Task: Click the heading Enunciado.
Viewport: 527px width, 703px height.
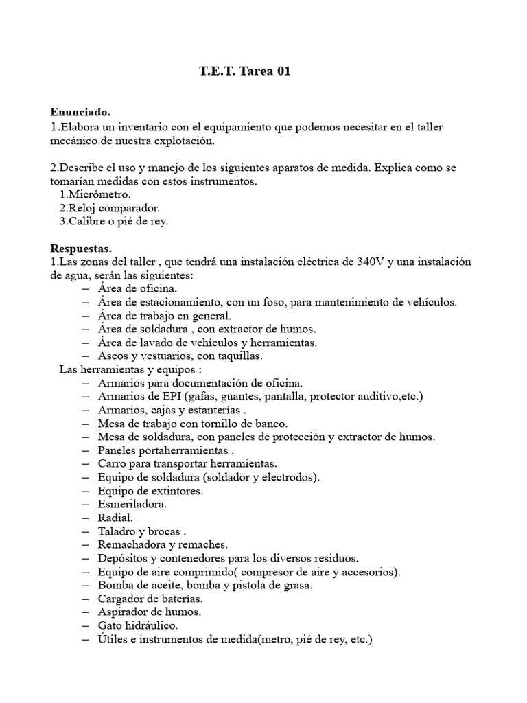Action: click(80, 112)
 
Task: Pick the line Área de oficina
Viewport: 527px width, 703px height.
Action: click(137, 288)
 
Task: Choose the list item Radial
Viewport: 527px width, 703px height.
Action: click(116, 517)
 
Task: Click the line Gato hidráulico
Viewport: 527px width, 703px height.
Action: click(138, 625)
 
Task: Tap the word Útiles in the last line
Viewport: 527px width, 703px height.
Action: click(113, 638)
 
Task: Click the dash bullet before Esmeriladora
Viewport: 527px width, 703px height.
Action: click(85, 504)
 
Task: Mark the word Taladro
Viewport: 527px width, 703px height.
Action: click(119, 531)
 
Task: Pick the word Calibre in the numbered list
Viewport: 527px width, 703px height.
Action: click(88, 221)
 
